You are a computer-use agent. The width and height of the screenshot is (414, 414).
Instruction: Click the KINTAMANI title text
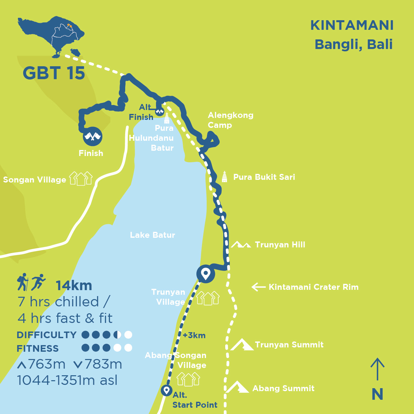pyautogui.click(x=352, y=26)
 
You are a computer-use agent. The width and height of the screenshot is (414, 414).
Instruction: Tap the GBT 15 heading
pyautogui.click(x=54, y=73)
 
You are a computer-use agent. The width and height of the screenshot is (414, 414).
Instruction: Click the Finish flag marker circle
pyautogui.click(x=92, y=136)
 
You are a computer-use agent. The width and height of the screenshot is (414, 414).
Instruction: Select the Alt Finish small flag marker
pyautogui.click(x=160, y=112)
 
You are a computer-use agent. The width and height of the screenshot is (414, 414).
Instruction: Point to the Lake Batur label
pyautogui.click(x=152, y=235)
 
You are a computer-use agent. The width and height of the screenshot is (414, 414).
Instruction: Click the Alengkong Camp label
pyautogui.click(x=231, y=120)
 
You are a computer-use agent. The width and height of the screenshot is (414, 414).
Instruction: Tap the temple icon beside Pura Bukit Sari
pyautogui.click(x=225, y=177)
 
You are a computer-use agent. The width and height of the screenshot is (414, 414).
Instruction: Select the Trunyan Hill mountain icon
pyautogui.click(x=241, y=245)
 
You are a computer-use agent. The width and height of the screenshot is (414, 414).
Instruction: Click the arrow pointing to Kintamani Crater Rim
pyautogui.click(x=259, y=287)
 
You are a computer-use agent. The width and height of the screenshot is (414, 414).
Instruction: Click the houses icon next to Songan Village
pyautogui.click(x=80, y=179)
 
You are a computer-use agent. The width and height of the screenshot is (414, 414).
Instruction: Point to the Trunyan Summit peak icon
pyautogui.click(x=242, y=344)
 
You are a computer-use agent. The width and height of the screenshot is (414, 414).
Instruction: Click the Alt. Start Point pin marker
pyautogui.click(x=167, y=390)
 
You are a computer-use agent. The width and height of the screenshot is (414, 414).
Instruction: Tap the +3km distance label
pyautogui.click(x=194, y=336)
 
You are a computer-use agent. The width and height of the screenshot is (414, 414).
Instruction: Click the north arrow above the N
pyautogui.click(x=377, y=369)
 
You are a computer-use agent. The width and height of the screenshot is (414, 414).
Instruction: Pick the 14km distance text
pyautogui.click(x=74, y=286)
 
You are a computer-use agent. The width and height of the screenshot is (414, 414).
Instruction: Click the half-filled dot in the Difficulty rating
pyautogui.click(x=117, y=335)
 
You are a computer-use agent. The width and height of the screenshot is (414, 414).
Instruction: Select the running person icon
pyautogui.click(x=38, y=282)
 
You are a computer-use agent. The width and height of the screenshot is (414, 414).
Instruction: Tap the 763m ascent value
pyautogui.click(x=47, y=364)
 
